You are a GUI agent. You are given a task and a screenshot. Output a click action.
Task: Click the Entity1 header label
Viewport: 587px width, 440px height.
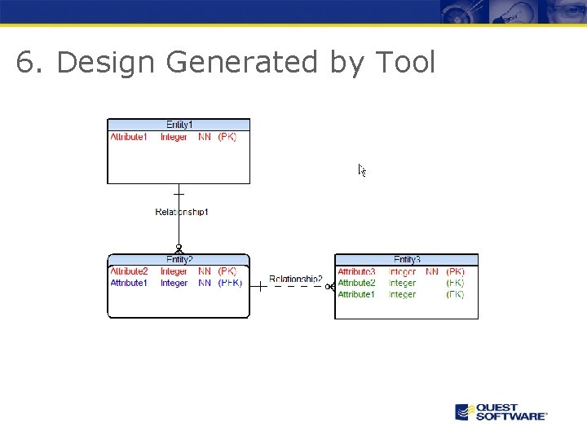point(179,125)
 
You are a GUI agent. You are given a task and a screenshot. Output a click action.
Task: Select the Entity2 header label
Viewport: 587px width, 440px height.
point(179,260)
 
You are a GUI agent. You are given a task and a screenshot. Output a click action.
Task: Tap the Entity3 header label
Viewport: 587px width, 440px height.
point(407,260)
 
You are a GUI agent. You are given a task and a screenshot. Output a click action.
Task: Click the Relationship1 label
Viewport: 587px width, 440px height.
point(182,212)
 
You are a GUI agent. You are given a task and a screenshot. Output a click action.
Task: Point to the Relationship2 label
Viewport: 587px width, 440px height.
point(295,279)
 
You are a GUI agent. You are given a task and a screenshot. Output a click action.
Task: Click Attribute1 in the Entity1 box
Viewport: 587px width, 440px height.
point(129,137)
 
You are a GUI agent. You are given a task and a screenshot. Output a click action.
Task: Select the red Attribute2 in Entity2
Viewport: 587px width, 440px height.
point(129,271)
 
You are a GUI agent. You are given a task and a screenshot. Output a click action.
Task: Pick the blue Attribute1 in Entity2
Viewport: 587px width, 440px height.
point(129,283)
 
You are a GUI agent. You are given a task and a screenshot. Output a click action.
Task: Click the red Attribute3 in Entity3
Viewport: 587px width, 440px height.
point(356,271)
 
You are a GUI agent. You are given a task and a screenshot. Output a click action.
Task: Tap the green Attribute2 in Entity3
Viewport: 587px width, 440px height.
point(356,283)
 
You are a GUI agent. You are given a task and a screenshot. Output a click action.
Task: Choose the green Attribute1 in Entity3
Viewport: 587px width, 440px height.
point(356,294)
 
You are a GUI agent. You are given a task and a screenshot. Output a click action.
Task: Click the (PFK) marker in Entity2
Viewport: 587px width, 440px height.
point(230,283)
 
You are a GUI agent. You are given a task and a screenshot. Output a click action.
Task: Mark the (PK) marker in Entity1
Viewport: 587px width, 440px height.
point(227,137)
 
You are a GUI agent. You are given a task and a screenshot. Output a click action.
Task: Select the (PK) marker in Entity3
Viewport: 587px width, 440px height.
point(455,271)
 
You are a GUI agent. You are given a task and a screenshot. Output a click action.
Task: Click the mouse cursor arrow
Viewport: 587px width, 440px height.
point(362,169)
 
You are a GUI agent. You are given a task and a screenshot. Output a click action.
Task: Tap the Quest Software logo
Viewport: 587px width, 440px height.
point(501,411)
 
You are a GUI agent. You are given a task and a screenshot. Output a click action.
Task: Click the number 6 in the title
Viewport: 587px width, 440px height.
point(26,62)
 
